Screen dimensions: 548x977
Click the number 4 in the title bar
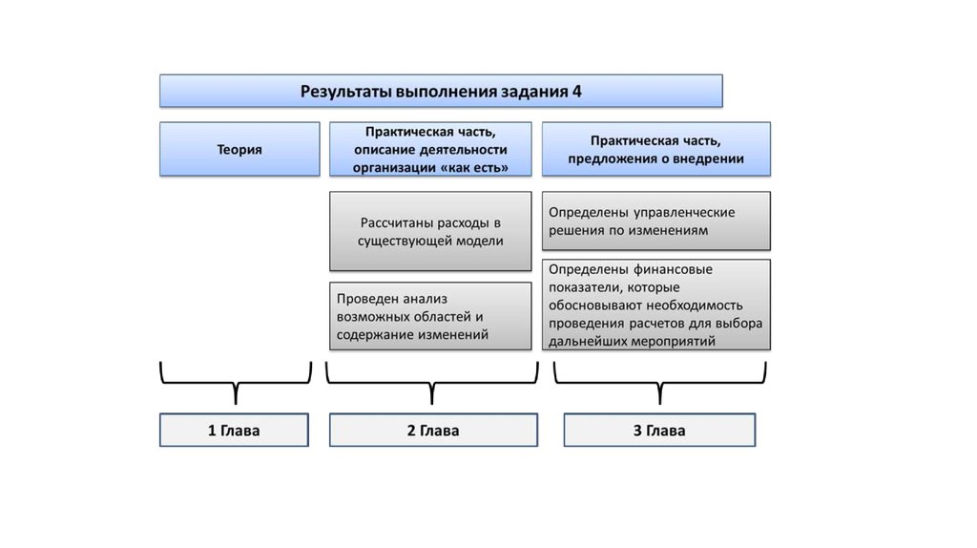[x=576, y=92]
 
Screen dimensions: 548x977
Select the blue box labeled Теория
[x=239, y=149]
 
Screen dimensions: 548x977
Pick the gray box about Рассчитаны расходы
[x=430, y=231]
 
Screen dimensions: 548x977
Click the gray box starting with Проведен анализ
[x=430, y=316]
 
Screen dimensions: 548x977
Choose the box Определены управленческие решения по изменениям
[x=656, y=221]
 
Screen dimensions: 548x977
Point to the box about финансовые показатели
[x=656, y=305]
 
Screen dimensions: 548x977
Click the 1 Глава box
[x=234, y=431]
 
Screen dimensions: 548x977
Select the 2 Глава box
[x=433, y=431]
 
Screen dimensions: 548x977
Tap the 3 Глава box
[x=659, y=431]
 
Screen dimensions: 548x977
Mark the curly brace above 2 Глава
[x=433, y=382]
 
